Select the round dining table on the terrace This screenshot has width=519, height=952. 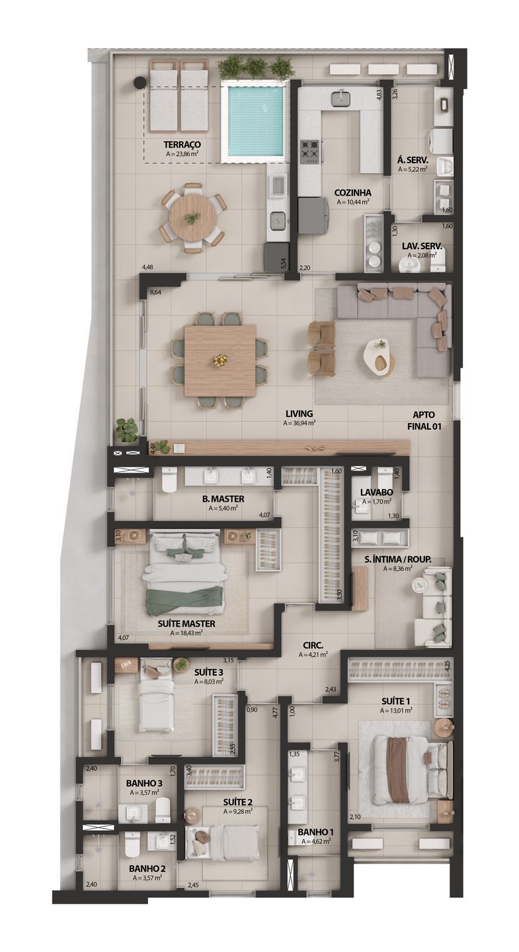tap(192, 218)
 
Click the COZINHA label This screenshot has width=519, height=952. tap(352, 193)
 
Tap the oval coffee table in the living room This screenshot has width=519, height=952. tap(379, 355)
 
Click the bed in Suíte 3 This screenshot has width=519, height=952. tap(156, 705)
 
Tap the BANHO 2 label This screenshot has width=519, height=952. tap(147, 868)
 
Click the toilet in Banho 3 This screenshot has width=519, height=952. tap(163, 809)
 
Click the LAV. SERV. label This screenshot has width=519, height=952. tap(422, 247)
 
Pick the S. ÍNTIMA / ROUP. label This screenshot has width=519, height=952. tap(398, 559)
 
